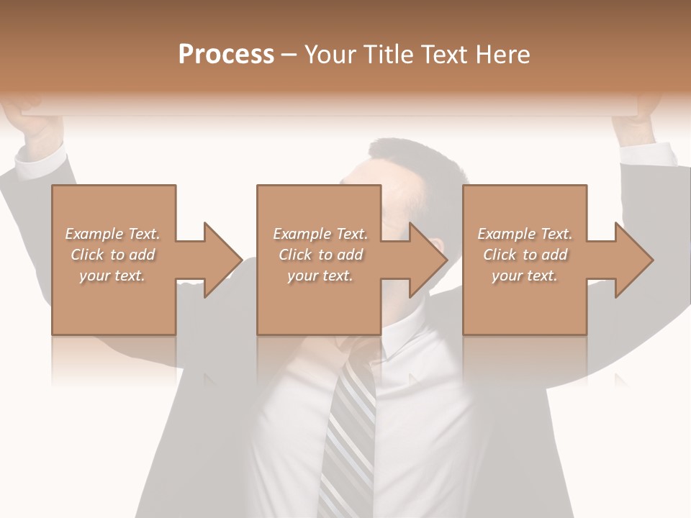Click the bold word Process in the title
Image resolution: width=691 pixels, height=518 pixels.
[x=226, y=55]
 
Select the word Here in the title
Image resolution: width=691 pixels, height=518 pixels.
[x=501, y=55]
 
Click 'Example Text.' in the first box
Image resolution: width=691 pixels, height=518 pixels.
[x=112, y=234]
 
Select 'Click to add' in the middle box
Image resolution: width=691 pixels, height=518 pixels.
[x=320, y=255]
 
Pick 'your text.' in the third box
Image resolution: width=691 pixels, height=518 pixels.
[x=524, y=276]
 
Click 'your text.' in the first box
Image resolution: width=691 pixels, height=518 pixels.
[x=112, y=276]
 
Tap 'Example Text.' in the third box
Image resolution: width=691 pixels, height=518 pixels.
[x=524, y=234]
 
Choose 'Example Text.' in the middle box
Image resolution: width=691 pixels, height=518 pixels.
[x=320, y=234]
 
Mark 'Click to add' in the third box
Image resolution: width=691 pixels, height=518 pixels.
[x=524, y=255]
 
